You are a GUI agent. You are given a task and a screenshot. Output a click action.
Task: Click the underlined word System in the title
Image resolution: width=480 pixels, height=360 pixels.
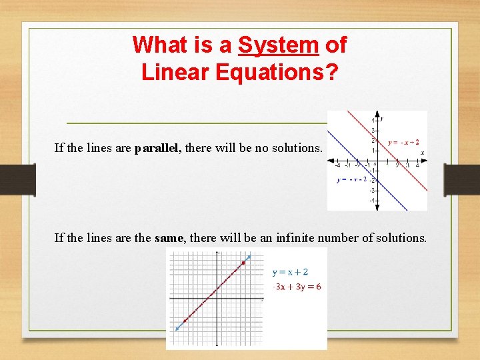pos(279,45)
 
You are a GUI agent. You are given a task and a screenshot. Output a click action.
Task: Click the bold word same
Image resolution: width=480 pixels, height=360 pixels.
pos(169,237)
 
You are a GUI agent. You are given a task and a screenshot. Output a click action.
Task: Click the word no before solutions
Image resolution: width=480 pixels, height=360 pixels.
pos(271,148)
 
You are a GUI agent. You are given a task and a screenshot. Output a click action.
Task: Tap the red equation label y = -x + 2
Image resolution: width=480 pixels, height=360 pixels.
pos(403,142)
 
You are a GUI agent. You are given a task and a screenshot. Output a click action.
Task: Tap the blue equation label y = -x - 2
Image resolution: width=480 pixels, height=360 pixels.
pos(352,179)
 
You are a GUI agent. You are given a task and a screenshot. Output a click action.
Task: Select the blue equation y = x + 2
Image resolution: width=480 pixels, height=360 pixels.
pos(291,272)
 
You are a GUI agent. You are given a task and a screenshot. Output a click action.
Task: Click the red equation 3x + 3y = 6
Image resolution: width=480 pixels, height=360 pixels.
pos(298,287)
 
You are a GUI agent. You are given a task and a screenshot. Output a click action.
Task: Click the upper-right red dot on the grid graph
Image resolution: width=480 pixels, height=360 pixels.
pos(243,263)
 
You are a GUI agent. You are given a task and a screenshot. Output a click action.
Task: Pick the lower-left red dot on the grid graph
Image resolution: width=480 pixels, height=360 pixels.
pos(185,321)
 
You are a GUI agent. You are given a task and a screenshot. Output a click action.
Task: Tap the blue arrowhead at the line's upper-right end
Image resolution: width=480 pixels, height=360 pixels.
pos(249,257)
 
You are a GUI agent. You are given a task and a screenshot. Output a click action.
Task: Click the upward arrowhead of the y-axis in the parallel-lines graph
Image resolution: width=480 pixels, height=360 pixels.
pos(377,115)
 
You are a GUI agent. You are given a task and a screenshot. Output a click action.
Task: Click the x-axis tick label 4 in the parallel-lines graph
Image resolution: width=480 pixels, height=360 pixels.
pos(417,165)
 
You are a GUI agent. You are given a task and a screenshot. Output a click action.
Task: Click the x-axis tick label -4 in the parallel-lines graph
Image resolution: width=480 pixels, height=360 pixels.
pos(337,165)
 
